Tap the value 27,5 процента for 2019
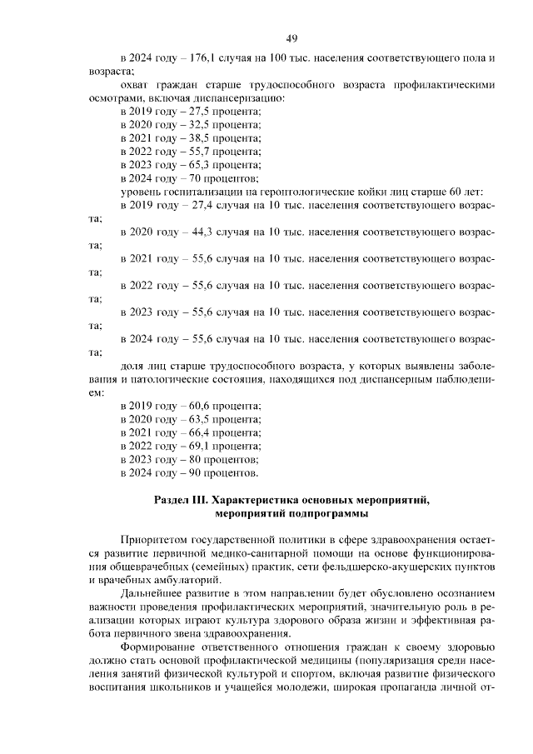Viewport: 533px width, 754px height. pyautogui.click(x=204, y=112)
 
